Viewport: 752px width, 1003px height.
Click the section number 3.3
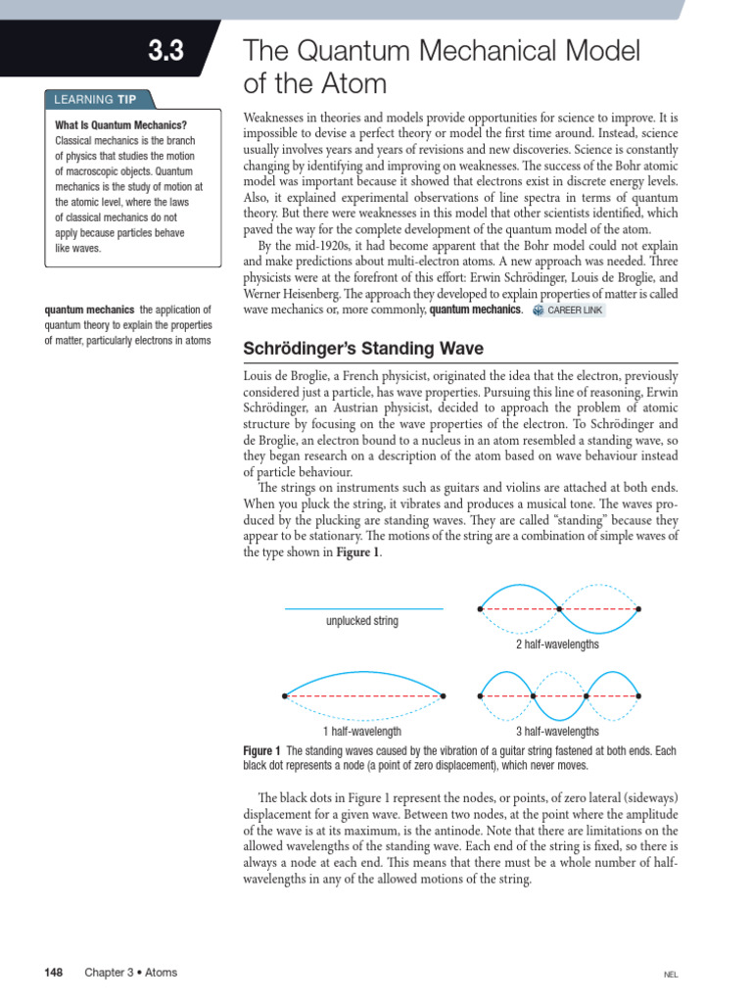pyautogui.click(x=165, y=52)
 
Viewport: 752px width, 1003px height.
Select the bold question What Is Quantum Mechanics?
pyautogui.click(x=120, y=125)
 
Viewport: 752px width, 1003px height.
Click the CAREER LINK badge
pyautogui.click(x=570, y=310)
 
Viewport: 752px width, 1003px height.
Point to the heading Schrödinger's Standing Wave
pyautogui.click(x=362, y=350)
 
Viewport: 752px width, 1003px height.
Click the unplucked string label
pyautogui.click(x=362, y=621)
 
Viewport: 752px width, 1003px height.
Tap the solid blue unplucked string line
pyautogui.click(x=363, y=609)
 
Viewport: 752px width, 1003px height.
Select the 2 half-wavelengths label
pyautogui.click(x=558, y=645)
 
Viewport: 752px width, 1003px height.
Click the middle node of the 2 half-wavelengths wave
pyautogui.click(x=559, y=609)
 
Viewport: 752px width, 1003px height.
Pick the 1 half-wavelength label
pyautogui.click(x=362, y=731)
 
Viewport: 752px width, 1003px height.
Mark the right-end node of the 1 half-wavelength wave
pyautogui.click(x=444, y=695)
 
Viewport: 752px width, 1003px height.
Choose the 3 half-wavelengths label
pyautogui.click(x=558, y=731)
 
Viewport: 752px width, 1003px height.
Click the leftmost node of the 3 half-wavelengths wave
pyautogui.click(x=480, y=695)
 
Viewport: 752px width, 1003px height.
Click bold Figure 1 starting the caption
pyautogui.click(x=261, y=750)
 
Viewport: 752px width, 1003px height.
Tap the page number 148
pyautogui.click(x=54, y=973)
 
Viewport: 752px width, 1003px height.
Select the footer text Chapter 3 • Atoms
pyautogui.click(x=130, y=973)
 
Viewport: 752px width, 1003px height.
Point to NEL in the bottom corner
pyautogui.click(x=671, y=975)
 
